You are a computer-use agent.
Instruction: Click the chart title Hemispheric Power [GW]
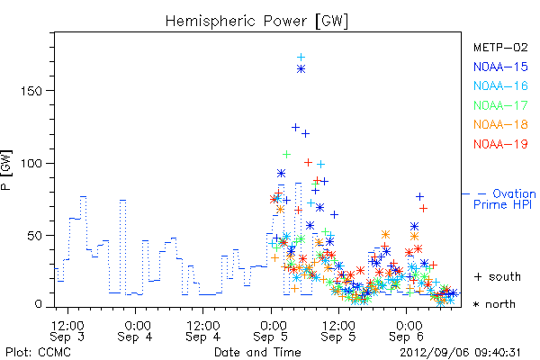pyautogui.click(x=256, y=22)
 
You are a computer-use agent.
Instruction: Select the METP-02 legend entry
pyautogui.click(x=500, y=47)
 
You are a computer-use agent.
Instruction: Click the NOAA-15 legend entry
pyautogui.click(x=500, y=67)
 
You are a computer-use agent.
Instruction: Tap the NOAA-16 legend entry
pyautogui.click(x=500, y=85)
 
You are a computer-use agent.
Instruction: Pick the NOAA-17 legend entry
pyautogui.click(x=500, y=105)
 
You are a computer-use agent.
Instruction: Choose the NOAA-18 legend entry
pyautogui.click(x=500, y=124)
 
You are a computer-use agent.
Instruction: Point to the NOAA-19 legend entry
pyautogui.click(x=500, y=144)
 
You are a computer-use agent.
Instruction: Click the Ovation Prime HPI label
pyautogui.click(x=504, y=199)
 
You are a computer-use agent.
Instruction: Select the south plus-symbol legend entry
pyautogui.click(x=498, y=276)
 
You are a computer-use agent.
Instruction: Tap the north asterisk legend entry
pyautogui.click(x=494, y=304)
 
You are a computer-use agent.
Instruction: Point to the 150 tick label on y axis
pyautogui.click(x=31, y=91)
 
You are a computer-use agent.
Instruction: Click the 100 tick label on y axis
pyautogui.click(x=31, y=163)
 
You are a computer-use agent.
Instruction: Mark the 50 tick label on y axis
pyautogui.click(x=34, y=236)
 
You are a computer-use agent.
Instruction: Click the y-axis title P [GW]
pyautogui.click(x=6, y=170)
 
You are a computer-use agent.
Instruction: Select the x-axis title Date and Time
pyautogui.click(x=257, y=352)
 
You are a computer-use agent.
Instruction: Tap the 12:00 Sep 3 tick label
pyautogui.click(x=67, y=331)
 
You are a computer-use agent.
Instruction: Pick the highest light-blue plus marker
pyautogui.click(x=301, y=58)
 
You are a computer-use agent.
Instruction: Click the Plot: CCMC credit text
pyautogui.click(x=38, y=352)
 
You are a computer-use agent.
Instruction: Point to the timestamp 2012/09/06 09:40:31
pyautogui.click(x=460, y=353)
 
